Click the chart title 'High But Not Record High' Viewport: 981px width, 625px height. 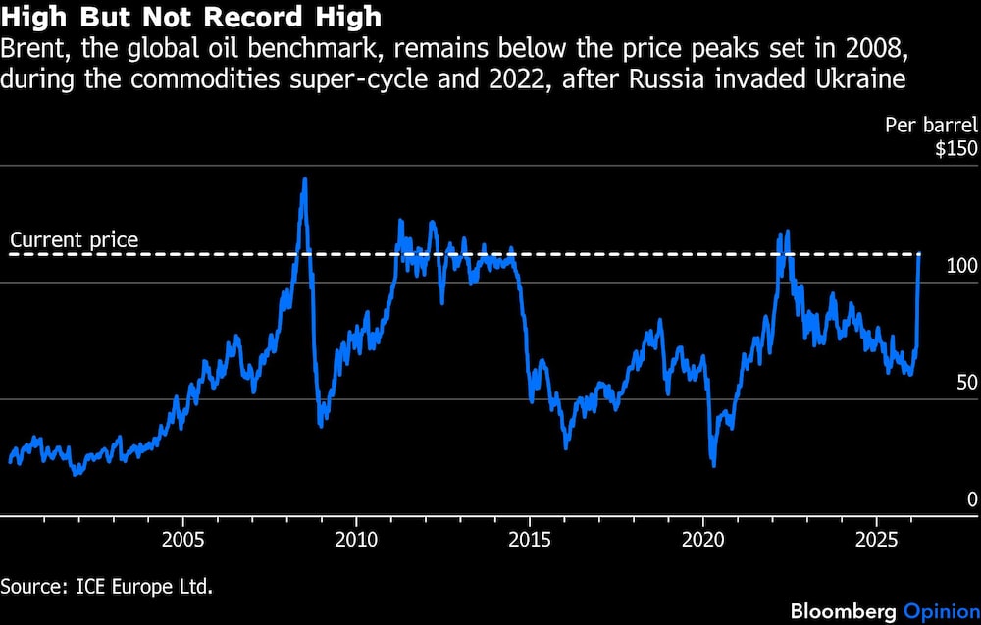tap(192, 19)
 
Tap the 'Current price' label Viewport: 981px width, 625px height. tap(75, 239)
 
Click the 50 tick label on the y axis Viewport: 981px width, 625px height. tap(966, 383)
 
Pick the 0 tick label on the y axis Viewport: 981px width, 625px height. tap(972, 499)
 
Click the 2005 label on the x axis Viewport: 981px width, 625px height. tap(182, 539)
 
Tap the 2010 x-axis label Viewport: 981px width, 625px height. tap(356, 539)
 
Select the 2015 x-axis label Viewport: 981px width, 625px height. tap(530, 539)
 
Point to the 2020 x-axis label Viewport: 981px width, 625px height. tap(703, 539)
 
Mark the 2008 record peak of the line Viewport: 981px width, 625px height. tap(304, 179)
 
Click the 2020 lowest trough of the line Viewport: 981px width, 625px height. tap(713, 464)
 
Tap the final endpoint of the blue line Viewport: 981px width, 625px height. tap(919, 255)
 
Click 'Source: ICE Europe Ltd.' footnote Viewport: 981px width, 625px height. tap(107, 587)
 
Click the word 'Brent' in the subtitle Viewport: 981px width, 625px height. tap(30, 48)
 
